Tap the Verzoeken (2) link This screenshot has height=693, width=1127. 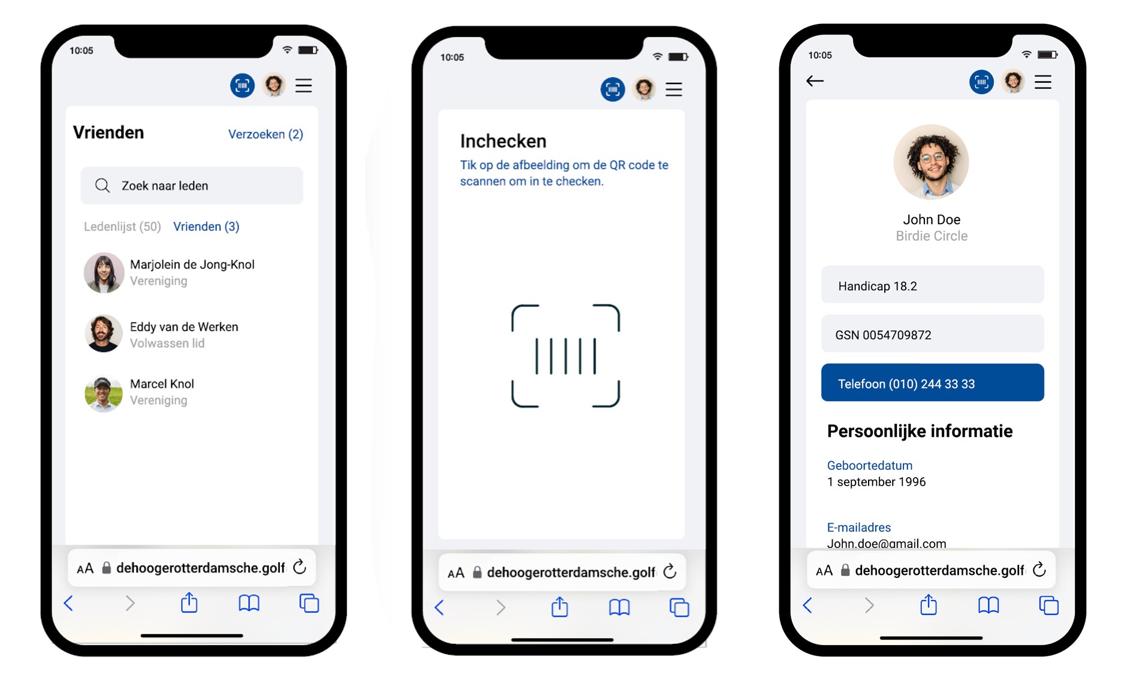pyautogui.click(x=266, y=134)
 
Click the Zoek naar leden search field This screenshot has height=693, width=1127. pyautogui.click(x=192, y=186)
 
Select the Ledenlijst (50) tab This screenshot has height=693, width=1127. pyautogui.click(x=122, y=227)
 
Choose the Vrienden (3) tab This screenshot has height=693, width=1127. pyautogui.click(x=206, y=227)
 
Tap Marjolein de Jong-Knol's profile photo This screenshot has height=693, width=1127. pyautogui.click(x=104, y=273)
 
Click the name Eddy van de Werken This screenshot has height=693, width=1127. pyautogui.click(x=184, y=327)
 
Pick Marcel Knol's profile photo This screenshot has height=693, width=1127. pyautogui.click(x=103, y=394)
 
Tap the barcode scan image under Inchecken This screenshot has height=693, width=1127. pyautogui.click(x=565, y=356)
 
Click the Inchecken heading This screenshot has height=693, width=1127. pyautogui.click(x=503, y=141)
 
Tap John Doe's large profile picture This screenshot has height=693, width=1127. pyautogui.click(x=931, y=162)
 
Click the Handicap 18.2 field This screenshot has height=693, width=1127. pyautogui.click(x=932, y=285)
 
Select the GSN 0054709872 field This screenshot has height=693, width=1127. pyautogui.click(x=932, y=334)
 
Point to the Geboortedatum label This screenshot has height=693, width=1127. pyautogui.click(x=869, y=466)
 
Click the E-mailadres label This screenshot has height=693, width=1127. pyautogui.click(x=858, y=528)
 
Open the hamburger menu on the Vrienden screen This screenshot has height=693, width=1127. pyautogui.click(x=304, y=86)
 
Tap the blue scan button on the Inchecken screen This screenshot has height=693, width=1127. pyautogui.click(x=613, y=90)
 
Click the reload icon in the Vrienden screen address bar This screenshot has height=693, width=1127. pyautogui.click(x=300, y=567)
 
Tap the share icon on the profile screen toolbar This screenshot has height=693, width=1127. pyautogui.click(x=929, y=604)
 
